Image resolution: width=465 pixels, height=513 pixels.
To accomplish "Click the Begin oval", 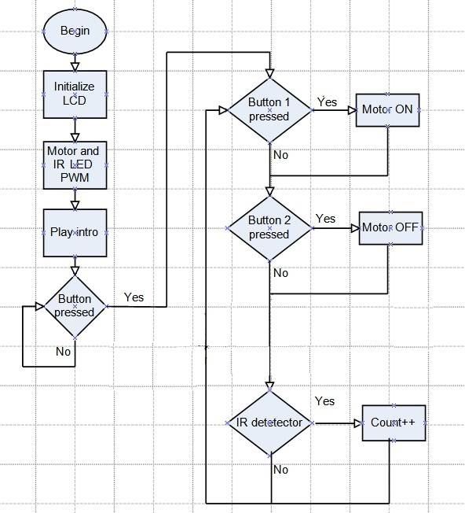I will point(75,31).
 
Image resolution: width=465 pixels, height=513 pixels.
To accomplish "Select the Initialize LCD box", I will point(75,94).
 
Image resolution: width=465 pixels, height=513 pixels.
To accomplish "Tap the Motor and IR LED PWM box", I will point(75,165).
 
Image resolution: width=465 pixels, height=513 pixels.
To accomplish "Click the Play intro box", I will point(75,232).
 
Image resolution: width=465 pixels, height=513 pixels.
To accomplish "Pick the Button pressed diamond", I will point(75,305).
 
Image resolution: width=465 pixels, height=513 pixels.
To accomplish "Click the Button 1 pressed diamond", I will point(269,109).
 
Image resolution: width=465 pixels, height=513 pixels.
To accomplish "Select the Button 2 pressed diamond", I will point(269,227).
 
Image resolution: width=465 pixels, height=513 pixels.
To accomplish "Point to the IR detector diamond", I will point(269,423).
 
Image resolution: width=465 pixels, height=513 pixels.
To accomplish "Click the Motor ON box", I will point(388,110).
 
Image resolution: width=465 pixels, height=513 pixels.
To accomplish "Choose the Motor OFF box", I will point(390,228).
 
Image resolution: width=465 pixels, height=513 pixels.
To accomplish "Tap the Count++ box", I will point(394,423).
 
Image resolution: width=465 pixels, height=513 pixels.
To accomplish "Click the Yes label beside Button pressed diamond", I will point(134,297).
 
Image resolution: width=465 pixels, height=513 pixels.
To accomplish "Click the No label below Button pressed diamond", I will point(64,352).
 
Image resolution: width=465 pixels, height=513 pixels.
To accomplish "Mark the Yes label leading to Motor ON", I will point(327,102).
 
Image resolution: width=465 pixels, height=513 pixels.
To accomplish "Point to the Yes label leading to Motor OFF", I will point(325,219).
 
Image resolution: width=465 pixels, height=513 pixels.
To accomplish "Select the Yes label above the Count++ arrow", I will point(324,401).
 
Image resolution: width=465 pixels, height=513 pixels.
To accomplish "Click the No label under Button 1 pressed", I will point(280,155).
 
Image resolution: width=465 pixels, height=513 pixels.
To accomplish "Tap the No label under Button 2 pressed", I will point(280,273).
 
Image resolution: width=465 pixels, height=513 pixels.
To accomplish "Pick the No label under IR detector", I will point(280,470).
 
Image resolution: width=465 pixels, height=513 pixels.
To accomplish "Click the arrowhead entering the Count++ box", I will point(357,423).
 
